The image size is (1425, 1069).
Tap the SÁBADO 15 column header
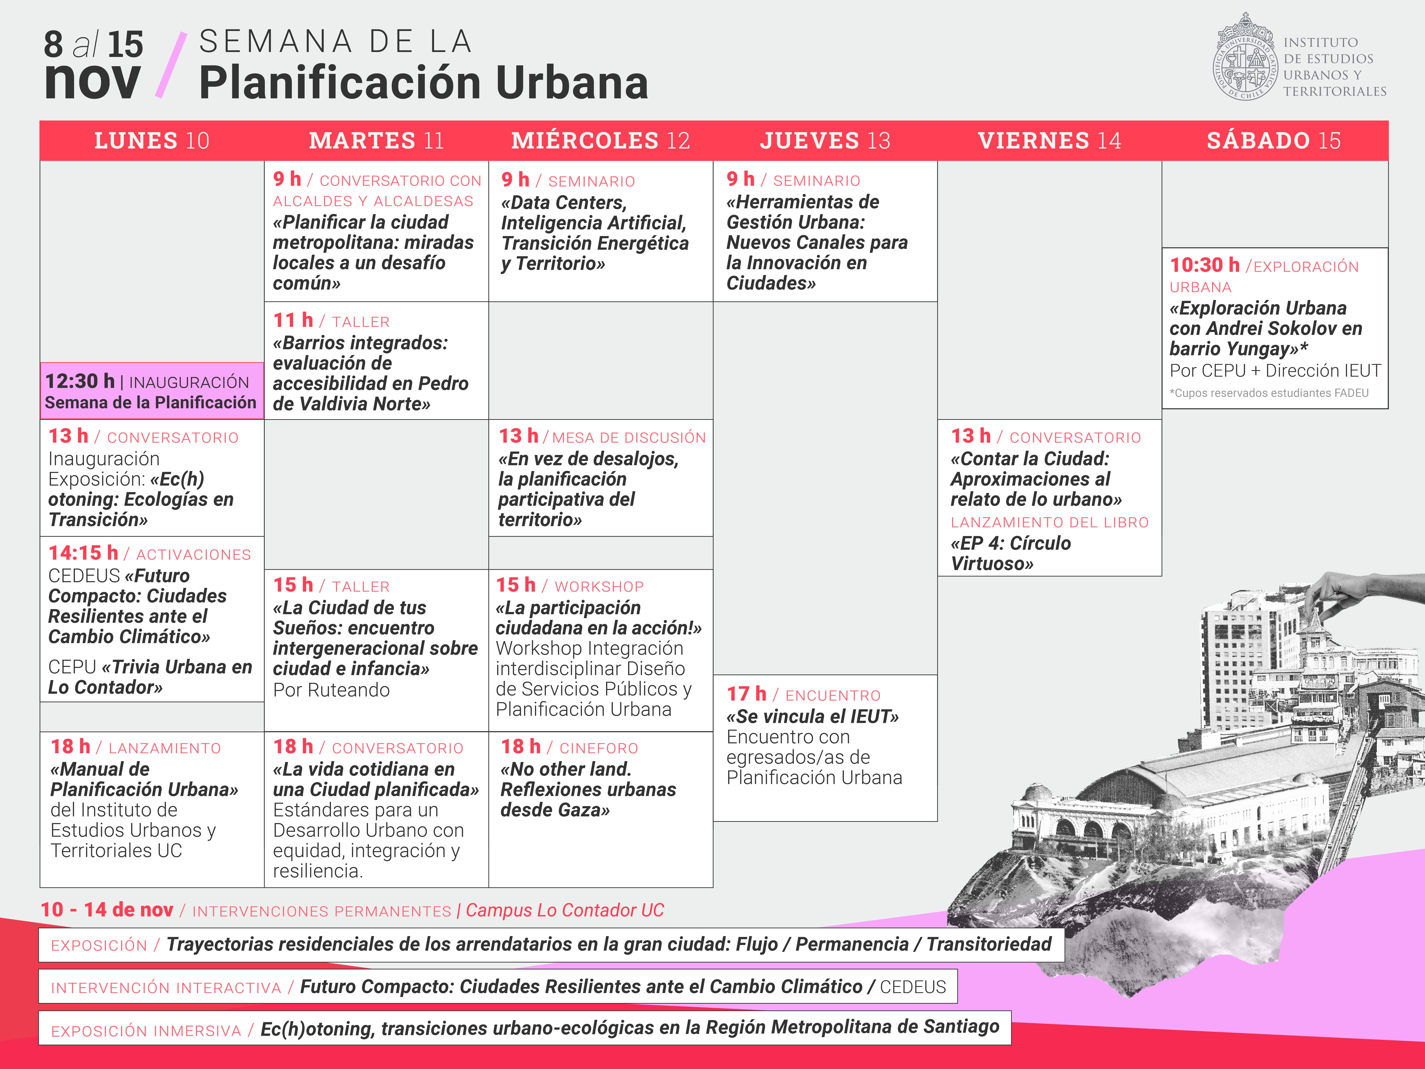(x=1274, y=140)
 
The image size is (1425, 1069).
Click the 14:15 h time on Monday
(x=83, y=553)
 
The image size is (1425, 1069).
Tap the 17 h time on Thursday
(x=746, y=694)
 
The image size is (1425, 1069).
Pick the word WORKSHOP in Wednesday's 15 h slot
(x=599, y=586)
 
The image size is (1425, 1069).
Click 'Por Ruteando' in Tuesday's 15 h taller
(x=331, y=690)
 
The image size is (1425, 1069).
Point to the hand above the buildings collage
(x=1366, y=586)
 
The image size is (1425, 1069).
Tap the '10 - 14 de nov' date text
(x=107, y=910)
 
